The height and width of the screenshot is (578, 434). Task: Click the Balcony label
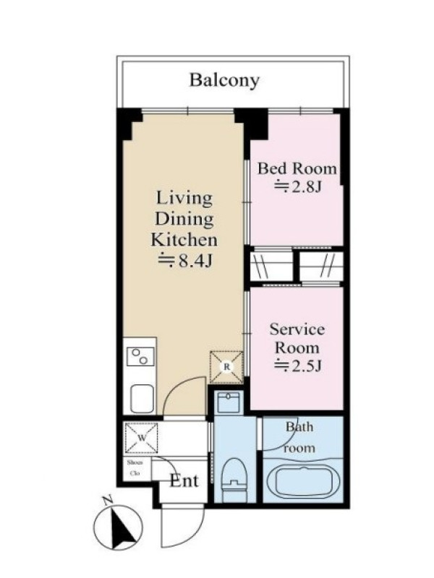coord(224,80)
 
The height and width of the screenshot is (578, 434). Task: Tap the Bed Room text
coord(297,168)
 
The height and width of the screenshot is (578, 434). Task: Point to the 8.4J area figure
coord(184,261)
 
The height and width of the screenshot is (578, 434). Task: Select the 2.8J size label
coord(297,186)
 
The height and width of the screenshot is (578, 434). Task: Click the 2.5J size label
coord(297,366)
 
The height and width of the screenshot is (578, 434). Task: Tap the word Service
coord(297,329)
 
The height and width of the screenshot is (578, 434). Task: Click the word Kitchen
coord(184,240)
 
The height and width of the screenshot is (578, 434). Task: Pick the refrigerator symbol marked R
coord(226,367)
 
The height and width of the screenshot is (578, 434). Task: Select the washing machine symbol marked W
coord(141,438)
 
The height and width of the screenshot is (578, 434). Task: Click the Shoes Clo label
coord(135,467)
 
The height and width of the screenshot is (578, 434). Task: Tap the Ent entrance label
coord(184,480)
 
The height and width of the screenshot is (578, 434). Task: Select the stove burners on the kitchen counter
coord(140,356)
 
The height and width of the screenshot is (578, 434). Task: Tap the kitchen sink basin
coord(142,399)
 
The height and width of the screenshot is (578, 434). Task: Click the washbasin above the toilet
coord(229,402)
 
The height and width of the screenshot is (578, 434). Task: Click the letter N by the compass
coord(107,500)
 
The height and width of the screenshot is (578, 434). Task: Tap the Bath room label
coord(299,437)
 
